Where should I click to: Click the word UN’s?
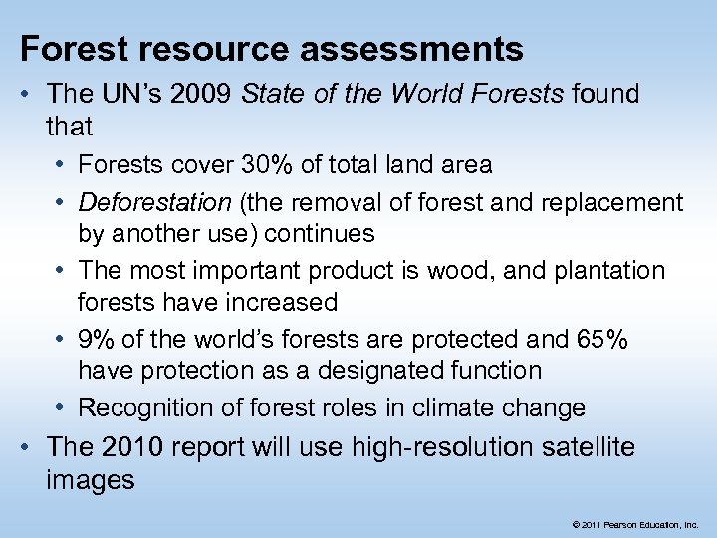(133, 96)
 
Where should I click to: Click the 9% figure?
(96, 339)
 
